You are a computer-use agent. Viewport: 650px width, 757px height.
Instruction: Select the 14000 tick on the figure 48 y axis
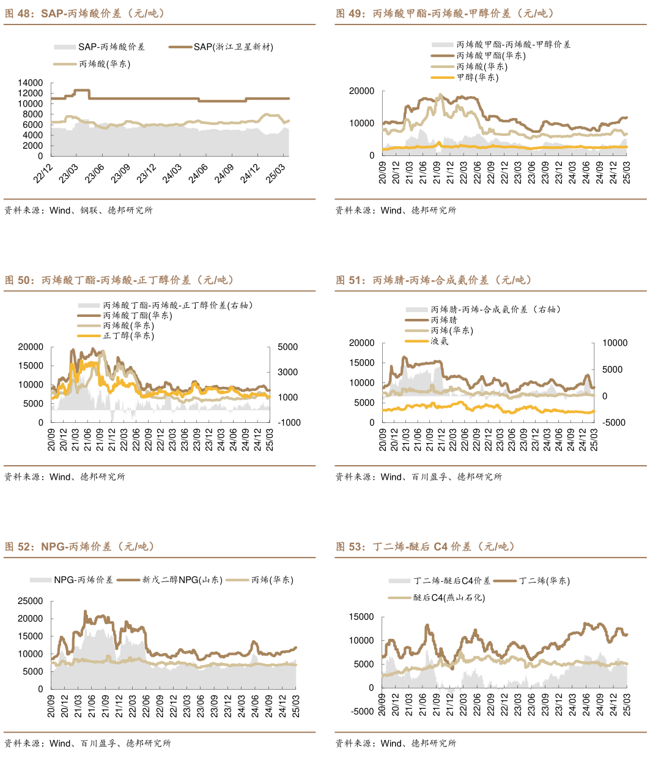coord(31,83)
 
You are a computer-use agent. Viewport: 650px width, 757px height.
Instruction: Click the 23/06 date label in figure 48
coord(95,173)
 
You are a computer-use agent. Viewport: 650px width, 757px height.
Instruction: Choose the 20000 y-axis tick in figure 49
coord(361,91)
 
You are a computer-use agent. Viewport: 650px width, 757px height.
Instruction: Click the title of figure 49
coord(445,13)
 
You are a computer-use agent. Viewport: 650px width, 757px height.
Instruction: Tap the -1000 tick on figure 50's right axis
coord(289,423)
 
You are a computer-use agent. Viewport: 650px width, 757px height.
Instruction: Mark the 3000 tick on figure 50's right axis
coord(288,372)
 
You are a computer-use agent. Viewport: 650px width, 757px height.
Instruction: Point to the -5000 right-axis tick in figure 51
coord(615,423)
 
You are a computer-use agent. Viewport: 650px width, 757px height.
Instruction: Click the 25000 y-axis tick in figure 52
coord(31,601)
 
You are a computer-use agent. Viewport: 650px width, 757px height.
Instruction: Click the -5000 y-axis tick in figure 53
coord(361,712)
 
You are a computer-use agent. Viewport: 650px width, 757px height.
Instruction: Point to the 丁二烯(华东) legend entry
coord(544,581)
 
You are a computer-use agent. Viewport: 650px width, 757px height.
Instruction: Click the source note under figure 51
coord(418,477)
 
